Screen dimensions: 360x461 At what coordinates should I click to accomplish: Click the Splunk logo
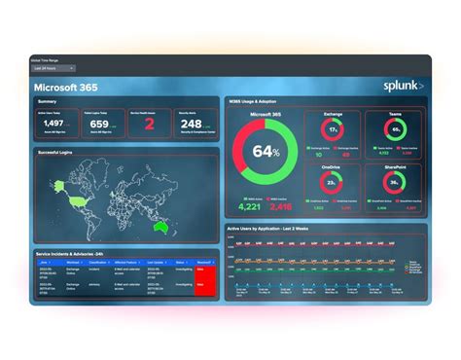coord(402,87)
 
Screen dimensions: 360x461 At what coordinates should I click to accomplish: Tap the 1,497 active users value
coord(53,124)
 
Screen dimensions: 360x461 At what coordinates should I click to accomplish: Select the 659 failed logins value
coord(99,124)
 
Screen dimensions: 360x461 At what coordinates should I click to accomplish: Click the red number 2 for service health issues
coord(149,124)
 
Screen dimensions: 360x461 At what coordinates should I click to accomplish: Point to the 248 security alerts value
coord(191,124)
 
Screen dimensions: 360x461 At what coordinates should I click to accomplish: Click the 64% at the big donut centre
coord(266,153)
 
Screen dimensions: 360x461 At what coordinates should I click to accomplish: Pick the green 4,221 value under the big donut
coord(250,206)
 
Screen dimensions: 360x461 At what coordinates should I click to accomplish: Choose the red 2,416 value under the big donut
coord(281,206)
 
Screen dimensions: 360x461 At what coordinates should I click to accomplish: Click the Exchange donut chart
coord(334,129)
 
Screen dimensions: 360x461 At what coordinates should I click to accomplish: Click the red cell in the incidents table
coord(204,283)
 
